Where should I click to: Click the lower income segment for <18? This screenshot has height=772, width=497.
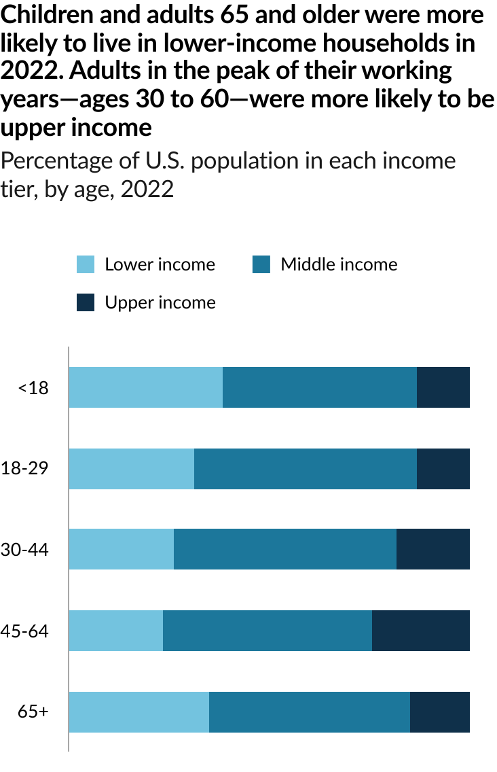point(146,387)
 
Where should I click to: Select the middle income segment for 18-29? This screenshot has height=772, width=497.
point(306,469)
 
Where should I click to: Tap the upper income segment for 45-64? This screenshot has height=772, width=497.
point(421,631)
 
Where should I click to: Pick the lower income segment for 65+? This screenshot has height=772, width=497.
point(139,712)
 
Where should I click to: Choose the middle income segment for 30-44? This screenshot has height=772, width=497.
point(285,549)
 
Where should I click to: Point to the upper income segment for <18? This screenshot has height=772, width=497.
point(443,387)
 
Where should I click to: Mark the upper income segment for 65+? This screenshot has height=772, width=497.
point(440,712)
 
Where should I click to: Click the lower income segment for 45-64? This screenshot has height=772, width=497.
point(116,631)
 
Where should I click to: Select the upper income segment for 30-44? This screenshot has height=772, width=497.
point(433,549)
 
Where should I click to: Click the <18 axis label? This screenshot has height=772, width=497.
point(33,388)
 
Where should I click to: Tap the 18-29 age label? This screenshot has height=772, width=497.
point(24,469)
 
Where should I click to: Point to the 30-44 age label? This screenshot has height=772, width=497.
point(24,550)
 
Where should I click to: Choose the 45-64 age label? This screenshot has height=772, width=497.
point(24,631)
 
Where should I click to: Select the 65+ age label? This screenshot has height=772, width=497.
point(33,712)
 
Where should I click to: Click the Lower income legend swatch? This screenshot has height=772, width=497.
point(86,264)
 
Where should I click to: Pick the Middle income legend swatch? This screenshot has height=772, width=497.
point(261,264)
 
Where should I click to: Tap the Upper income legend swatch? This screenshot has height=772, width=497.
point(86,302)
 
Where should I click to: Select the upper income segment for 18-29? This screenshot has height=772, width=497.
point(443,469)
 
